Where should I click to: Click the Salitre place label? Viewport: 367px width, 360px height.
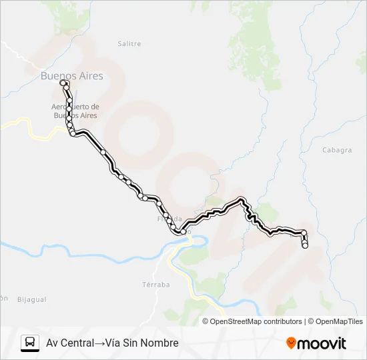129,44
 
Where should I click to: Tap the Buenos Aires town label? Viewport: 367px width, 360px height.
72,76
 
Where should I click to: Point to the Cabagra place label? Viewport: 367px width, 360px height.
336,150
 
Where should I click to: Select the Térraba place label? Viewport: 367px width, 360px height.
156,284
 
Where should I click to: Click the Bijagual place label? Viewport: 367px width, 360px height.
31,299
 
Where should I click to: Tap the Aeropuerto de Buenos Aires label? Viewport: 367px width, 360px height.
75,111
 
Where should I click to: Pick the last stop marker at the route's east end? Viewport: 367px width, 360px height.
305,246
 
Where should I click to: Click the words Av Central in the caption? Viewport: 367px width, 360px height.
69,343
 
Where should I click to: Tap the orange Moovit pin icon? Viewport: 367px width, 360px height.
291,343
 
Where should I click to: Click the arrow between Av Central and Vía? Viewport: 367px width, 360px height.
97,343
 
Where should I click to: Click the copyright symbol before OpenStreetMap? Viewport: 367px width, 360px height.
206,321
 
